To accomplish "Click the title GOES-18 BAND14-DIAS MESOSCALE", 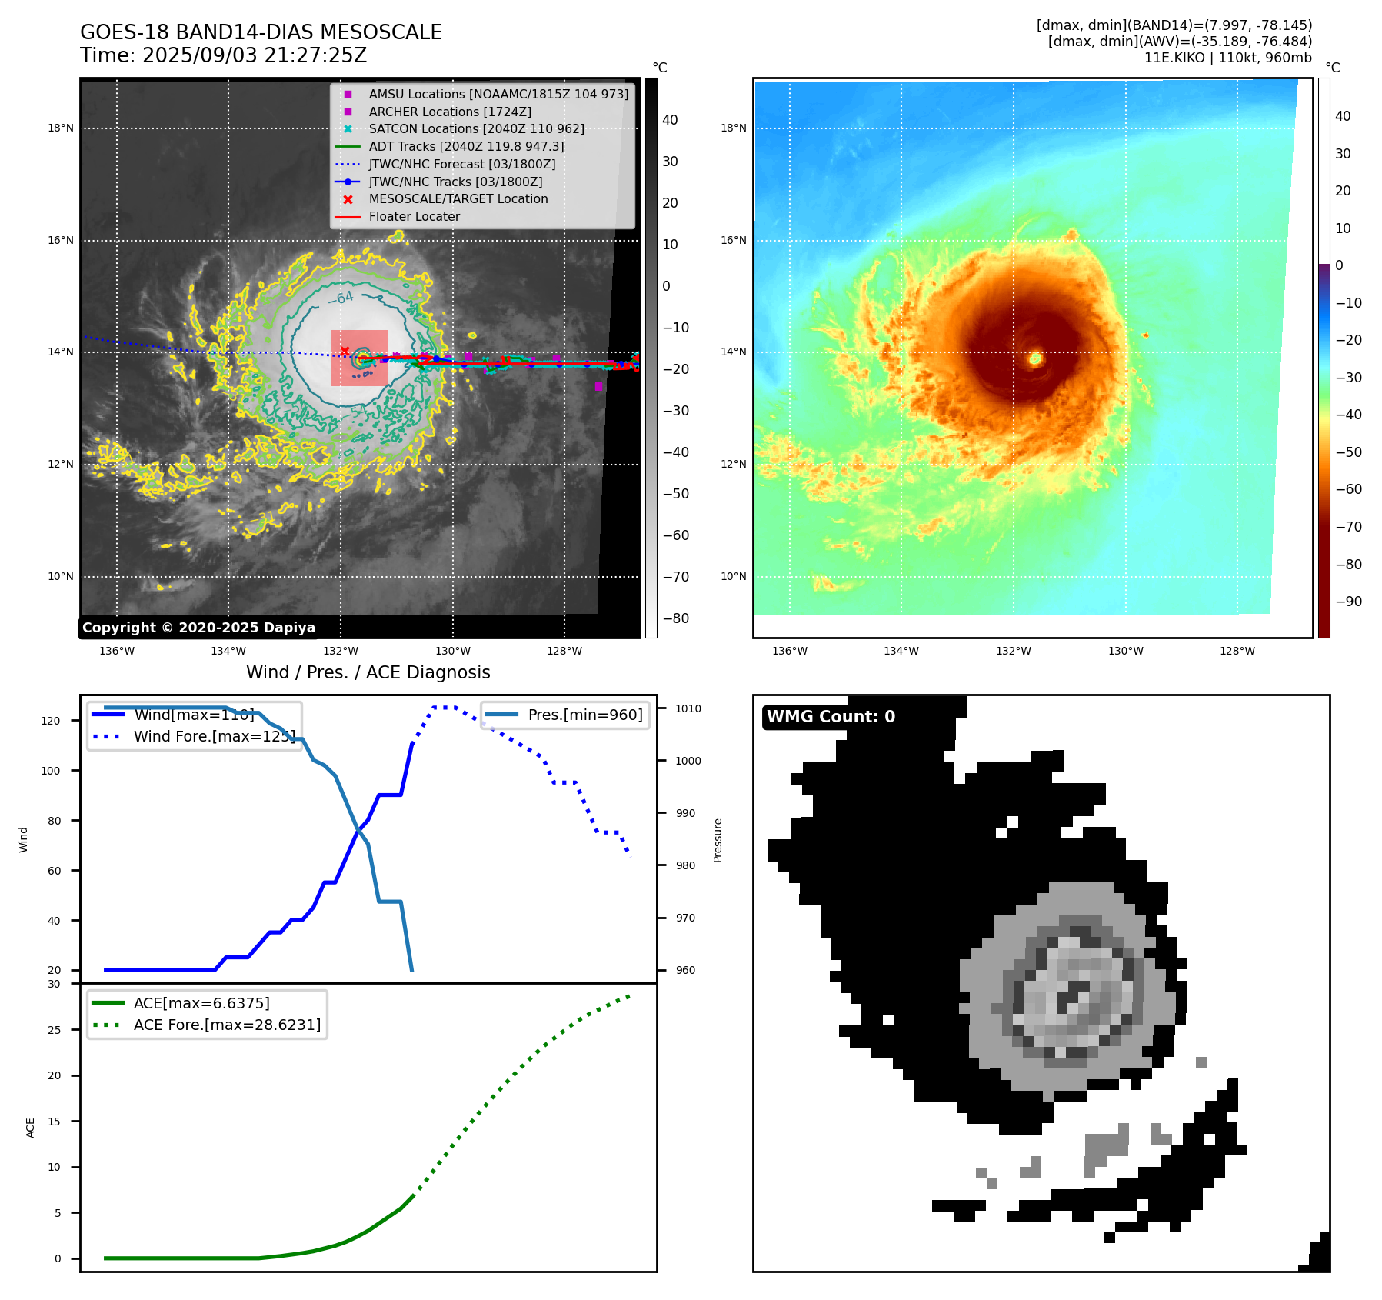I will click(x=261, y=32).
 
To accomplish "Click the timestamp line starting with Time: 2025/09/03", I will click(x=223, y=55).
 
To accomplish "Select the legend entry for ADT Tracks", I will click(x=466, y=146).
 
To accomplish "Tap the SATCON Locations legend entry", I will click(x=476, y=128).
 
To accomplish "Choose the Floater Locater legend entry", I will click(x=414, y=216).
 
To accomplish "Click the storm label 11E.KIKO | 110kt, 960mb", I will click(x=1227, y=58).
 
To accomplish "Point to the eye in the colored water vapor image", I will click(x=1035, y=358).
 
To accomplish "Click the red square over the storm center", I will click(x=359, y=358).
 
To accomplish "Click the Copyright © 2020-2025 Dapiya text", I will click(x=198, y=628).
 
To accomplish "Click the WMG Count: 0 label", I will click(x=831, y=717).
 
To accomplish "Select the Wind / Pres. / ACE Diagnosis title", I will click(x=368, y=672).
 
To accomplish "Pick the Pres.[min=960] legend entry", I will click(x=584, y=715).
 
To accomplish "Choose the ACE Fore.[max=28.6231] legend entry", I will click(x=227, y=1025).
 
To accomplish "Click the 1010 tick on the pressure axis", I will click(x=688, y=708).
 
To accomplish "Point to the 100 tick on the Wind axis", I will click(x=51, y=771).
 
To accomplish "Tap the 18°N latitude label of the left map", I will click(x=61, y=128).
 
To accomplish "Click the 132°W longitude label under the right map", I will click(x=1013, y=651).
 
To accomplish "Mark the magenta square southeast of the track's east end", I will click(x=599, y=386).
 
